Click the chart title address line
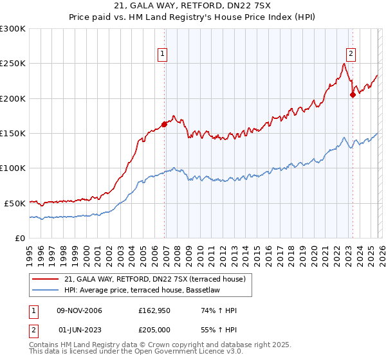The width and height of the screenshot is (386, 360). (192, 6)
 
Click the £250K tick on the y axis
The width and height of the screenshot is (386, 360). (12, 64)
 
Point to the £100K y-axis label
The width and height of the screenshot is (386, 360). (12, 168)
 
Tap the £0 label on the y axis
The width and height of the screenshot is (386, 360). (19, 237)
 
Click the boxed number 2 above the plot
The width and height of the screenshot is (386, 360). (351, 55)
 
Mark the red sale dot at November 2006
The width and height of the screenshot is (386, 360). (164, 124)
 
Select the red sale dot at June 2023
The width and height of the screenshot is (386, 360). (353, 95)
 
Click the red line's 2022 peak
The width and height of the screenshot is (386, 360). (345, 64)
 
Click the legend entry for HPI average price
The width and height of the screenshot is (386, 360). (141, 291)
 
